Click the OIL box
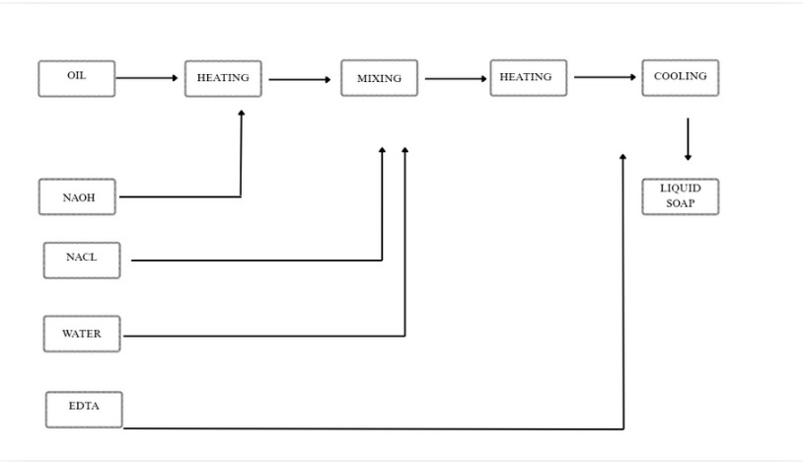click(76, 78)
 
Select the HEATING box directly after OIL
click(223, 79)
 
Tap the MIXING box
click(379, 79)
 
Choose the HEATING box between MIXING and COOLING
click(528, 78)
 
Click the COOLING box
click(680, 78)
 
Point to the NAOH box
click(78, 197)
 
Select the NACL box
click(82, 260)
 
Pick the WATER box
click(82, 335)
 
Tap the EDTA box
click(84, 409)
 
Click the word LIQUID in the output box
click(680, 189)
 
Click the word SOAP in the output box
click(680, 204)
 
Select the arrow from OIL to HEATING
click(147, 78)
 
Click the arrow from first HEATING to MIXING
click(300, 80)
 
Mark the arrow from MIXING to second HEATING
click(455, 79)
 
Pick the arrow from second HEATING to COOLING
click(605, 77)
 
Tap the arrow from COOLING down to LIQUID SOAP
click(688, 139)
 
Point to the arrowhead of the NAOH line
click(241, 114)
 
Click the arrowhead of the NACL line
click(383, 150)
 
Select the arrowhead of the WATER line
click(405, 150)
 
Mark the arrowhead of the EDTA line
click(623, 156)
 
